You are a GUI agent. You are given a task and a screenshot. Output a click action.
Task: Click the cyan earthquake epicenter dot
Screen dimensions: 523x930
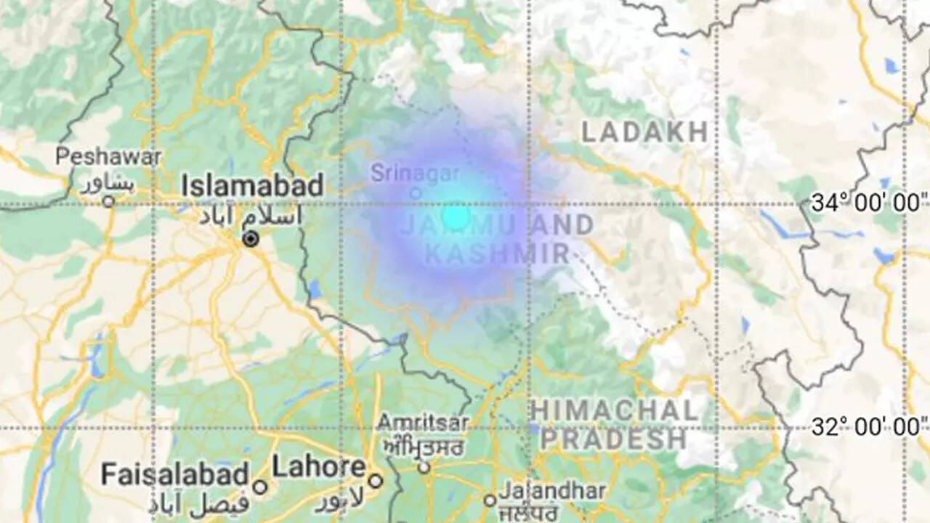(x=456, y=216)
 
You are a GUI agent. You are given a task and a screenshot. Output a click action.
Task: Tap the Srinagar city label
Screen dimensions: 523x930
(x=415, y=174)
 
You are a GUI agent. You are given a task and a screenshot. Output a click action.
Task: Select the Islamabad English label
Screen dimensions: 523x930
(x=252, y=185)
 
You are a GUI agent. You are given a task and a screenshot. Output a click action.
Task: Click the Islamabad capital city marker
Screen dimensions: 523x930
(x=251, y=239)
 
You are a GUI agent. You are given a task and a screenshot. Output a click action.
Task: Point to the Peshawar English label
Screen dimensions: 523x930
(x=109, y=156)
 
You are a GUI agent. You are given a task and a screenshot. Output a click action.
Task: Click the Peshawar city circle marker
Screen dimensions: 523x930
(x=108, y=201)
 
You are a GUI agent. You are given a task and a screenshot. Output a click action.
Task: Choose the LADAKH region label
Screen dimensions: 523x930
(x=644, y=132)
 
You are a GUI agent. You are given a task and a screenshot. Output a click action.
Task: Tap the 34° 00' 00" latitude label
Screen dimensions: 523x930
(x=869, y=203)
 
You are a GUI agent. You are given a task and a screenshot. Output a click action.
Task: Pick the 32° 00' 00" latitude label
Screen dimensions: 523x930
(x=869, y=426)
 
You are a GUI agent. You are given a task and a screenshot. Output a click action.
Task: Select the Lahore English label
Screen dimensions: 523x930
(x=319, y=467)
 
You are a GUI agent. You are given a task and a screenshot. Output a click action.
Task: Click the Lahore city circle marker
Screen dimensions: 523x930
(x=375, y=480)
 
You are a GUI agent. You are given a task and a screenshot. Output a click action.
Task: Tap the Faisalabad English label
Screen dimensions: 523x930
(x=174, y=475)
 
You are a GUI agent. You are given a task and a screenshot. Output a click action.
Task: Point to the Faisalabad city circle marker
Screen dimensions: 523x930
(x=260, y=487)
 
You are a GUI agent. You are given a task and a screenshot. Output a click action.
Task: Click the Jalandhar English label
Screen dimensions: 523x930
(x=552, y=491)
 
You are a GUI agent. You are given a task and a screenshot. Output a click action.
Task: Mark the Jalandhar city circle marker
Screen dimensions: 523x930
(x=490, y=500)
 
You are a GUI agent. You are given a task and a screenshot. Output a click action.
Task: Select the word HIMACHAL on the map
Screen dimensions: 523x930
(x=614, y=411)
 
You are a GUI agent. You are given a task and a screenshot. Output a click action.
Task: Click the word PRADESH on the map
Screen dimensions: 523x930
(x=612, y=439)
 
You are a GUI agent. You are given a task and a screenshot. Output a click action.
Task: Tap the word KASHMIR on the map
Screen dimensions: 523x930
(x=497, y=254)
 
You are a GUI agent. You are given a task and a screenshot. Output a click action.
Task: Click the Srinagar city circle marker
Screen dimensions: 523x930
(x=416, y=193)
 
